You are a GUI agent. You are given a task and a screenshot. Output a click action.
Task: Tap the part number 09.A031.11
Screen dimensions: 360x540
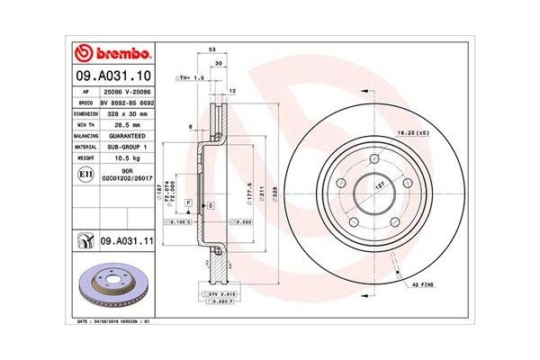123,242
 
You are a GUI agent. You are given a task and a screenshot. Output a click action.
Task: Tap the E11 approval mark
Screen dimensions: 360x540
84,173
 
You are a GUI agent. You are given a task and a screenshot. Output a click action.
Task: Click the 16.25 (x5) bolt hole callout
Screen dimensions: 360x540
410,132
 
